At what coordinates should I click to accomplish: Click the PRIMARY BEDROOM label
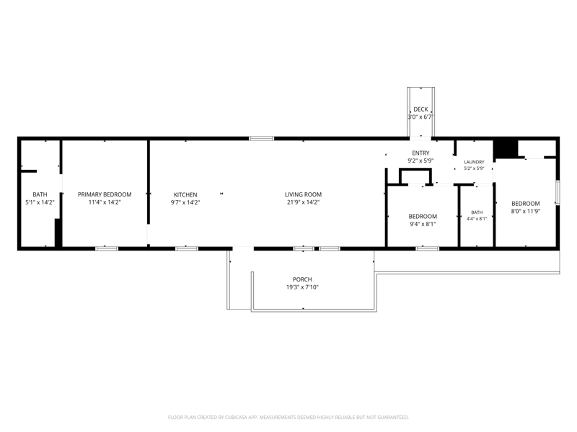pyautogui.click(x=105, y=194)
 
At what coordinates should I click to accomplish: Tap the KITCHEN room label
pyautogui.click(x=185, y=194)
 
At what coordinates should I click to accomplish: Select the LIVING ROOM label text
pyautogui.click(x=303, y=194)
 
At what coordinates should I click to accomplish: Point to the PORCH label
pyautogui.click(x=302, y=279)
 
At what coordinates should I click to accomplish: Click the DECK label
pyautogui.click(x=420, y=109)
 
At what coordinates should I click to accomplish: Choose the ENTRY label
pyautogui.click(x=420, y=153)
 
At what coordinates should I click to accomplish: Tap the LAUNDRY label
pyautogui.click(x=474, y=162)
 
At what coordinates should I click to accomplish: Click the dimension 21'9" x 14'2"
pyautogui.click(x=303, y=202)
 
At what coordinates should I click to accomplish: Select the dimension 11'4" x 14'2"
pyautogui.click(x=105, y=202)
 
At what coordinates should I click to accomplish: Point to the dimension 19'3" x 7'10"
pyautogui.click(x=302, y=287)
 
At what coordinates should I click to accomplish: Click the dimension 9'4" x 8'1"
pyautogui.click(x=423, y=224)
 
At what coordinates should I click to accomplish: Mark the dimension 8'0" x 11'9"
pyautogui.click(x=526, y=211)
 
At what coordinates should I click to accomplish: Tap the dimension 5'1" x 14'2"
pyautogui.click(x=40, y=202)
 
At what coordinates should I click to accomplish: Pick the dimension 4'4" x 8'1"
pyautogui.click(x=477, y=219)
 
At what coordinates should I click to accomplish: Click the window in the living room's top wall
pyautogui.click(x=262, y=138)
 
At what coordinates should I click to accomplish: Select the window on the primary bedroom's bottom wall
pyautogui.click(x=107, y=248)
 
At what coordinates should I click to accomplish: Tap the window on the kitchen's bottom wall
pyautogui.click(x=187, y=248)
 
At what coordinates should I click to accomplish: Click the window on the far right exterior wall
pyautogui.click(x=558, y=192)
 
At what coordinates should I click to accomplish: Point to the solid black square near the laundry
pyautogui.click(x=506, y=149)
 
